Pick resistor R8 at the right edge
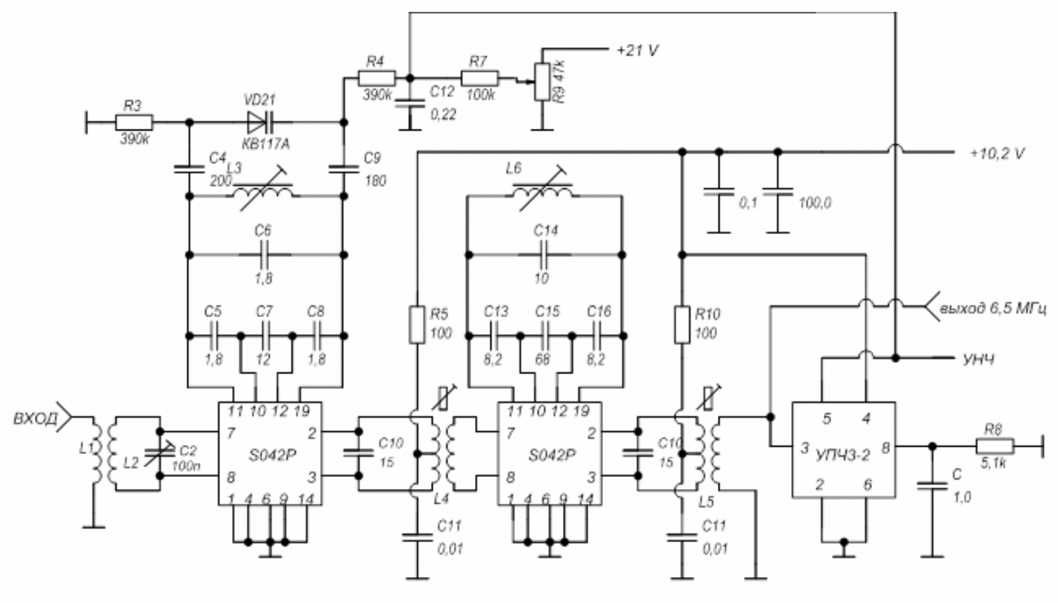click(x=995, y=447)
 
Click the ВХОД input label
click(x=36, y=419)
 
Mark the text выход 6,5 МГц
click(x=992, y=307)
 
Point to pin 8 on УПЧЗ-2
click(x=885, y=447)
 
